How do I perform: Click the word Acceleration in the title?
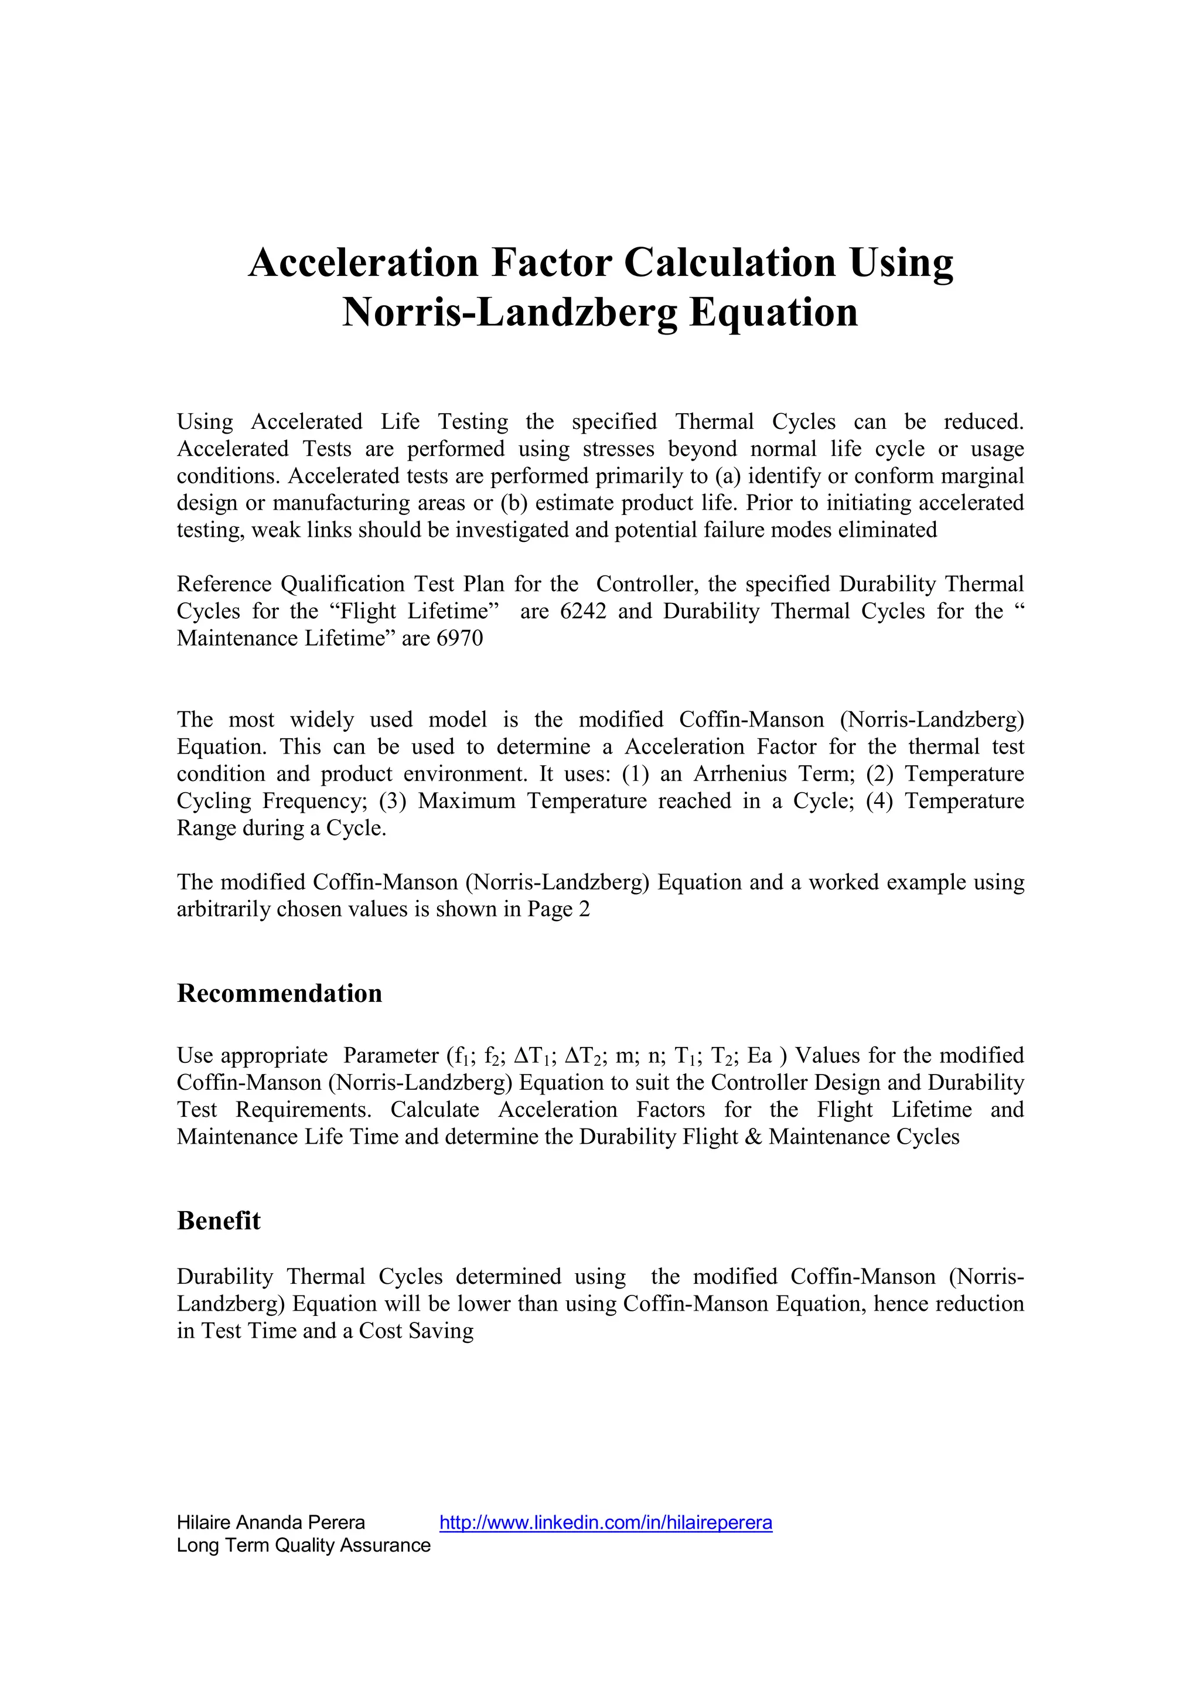pyautogui.click(x=363, y=262)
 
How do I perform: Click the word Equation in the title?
pyautogui.click(x=773, y=312)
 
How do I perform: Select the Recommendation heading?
pyautogui.click(x=279, y=993)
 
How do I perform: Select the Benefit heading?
pyautogui.click(x=219, y=1220)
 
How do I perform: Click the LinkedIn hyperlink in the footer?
pyautogui.click(x=605, y=1516)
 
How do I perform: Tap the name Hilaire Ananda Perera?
pyautogui.click(x=271, y=1516)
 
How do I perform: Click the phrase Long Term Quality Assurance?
pyautogui.click(x=303, y=1539)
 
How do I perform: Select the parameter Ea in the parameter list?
pyautogui.click(x=759, y=1055)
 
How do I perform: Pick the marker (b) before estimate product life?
pyautogui.click(x=514, y=503)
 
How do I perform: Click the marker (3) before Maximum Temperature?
pyautogui.click(x=393, y=801)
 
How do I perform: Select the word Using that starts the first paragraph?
pyautogui.click(x=205, y=422)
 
